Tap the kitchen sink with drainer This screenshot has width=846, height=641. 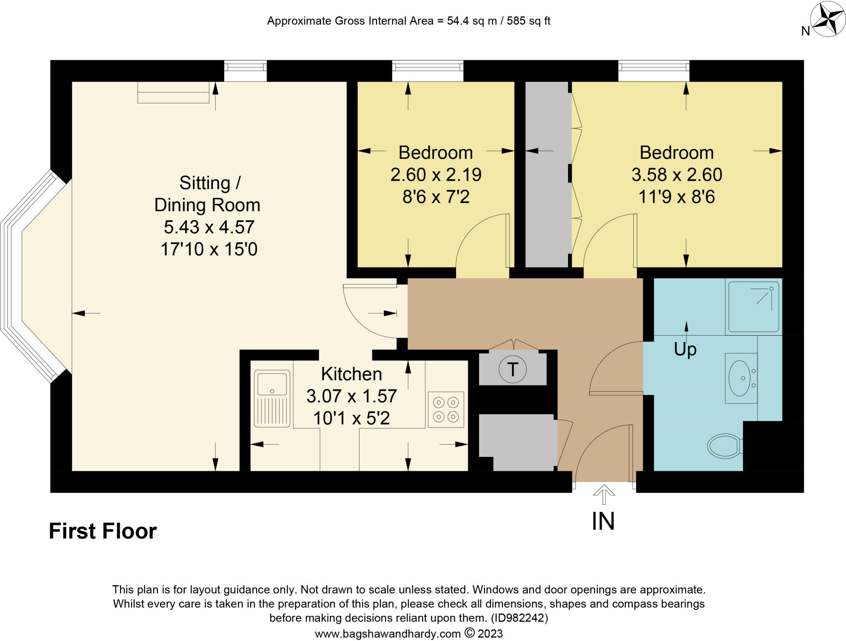pyautogui.click(x=272, y=398)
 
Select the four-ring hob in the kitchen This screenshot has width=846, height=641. pyautogui.click(x=446, y=409)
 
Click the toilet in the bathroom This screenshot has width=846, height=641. pyautogui.click(x=724, y=446)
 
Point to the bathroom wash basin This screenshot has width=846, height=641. pyautogui.click(x=740, y=378)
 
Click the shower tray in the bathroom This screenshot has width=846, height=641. pyautogui.click(x=753, y=306)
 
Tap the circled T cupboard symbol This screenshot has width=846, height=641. pyautogui.click(x=512, y=369)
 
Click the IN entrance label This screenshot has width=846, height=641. pyautogui.click(x=603, y=521)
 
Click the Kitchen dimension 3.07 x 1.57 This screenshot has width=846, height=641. pyautogui.click(x=352, y=396)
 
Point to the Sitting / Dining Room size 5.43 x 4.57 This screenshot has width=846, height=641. pyautogui.click(x=209, y=227)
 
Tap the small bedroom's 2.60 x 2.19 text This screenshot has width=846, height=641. pyautogui.click(x=436, y=175)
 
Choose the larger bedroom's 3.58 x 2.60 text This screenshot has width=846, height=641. pyautogui.click(x=677, y=175)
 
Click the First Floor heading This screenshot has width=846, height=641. pyautogui.click(x=103, y=531)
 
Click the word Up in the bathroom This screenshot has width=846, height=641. pyautogui.click(x=685, y=349)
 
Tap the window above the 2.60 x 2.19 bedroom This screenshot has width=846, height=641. pyautogui.click(x=428, y=71)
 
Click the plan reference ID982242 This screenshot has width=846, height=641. pyautogui.click(x=519, y=618)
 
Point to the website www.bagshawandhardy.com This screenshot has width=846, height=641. pyautogui.click(x=387, y=634)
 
